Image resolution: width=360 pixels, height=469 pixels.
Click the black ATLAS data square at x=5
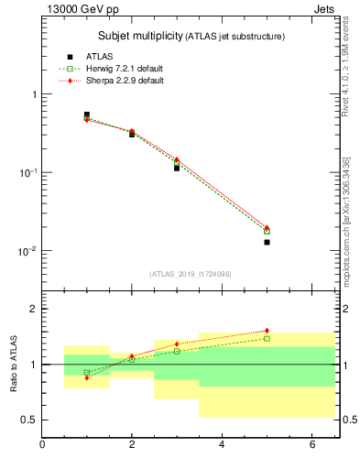click(x=267, y=242)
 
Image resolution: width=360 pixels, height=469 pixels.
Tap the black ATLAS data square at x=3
click(x=177, y=168)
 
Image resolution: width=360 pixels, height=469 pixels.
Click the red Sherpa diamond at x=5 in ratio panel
click(x=267, y=331)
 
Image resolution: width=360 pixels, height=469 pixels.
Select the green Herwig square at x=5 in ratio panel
click(x=267, y=338)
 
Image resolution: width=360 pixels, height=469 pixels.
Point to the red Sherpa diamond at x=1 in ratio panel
click(x=87, y=377)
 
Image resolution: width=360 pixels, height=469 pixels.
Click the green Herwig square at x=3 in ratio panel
click(x=177, y=351)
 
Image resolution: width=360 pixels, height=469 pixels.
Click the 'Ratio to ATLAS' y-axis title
click(x=16, y=364)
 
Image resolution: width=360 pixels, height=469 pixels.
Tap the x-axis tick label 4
click(x=222, y=445)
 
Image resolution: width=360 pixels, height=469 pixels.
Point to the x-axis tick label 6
click(x=311, y=445)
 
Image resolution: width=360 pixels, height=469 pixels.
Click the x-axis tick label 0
click(x=42, y=445)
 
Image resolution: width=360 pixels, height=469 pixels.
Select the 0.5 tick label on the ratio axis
click(x=28, y=420)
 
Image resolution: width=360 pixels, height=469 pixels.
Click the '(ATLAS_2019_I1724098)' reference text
click(x=191, y=273)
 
